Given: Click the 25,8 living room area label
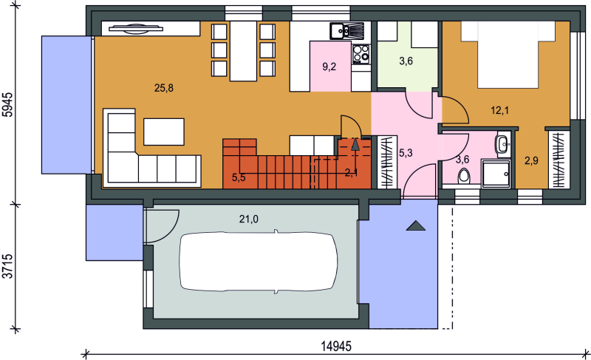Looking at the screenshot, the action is [164, 88].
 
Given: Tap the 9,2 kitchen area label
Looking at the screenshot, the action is [329, 67].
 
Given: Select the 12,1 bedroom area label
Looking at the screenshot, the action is [500, 110].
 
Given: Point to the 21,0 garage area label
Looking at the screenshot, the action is [249, 219].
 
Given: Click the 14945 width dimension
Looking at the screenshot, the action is [336, 346].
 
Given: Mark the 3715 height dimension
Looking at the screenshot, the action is [7, 266].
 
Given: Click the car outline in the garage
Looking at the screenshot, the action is [259, 261].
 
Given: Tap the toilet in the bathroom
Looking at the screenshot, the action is [464, 176].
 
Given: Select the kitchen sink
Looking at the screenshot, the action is [346, 30].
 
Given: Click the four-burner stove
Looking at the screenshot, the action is [361, 54].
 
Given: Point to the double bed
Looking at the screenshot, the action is [508, 55].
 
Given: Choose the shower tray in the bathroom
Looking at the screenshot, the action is [496, 173].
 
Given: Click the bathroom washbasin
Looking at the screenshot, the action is [503, 143].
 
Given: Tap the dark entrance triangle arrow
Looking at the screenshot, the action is [416, 225].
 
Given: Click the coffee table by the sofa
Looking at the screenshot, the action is [164, 132].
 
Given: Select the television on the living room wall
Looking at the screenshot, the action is [135, 29].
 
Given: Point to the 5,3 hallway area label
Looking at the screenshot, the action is [406, 153].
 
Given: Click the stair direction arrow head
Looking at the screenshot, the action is [355, 145].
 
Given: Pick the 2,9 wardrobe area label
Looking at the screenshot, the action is [531, 161].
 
